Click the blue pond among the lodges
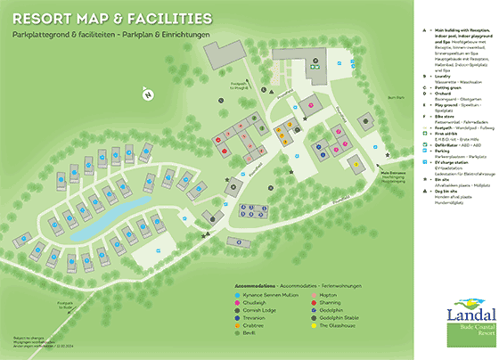pyautogui.click(x=100, y=217)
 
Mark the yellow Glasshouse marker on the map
pyautogui.click(x=356, y=163)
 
